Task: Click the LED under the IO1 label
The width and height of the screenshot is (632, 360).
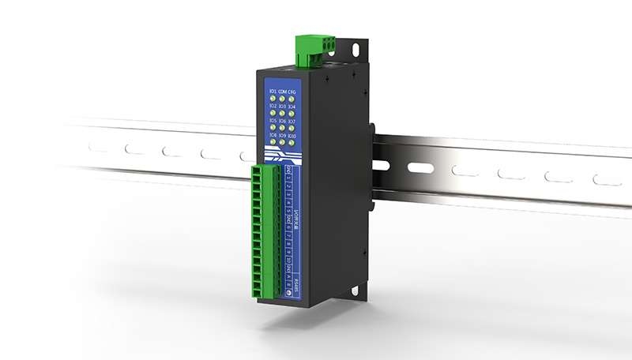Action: click(x=272, y=99)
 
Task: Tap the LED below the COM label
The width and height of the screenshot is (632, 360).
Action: click(x=281, y=99)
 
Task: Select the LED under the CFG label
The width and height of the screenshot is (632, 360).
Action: click(x=291, y=100)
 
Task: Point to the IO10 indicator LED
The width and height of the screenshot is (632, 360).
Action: click(x=292, y=142)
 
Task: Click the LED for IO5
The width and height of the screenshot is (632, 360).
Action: click(x=273, y=126)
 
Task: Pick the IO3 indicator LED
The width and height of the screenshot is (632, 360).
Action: click(x=282, y=113)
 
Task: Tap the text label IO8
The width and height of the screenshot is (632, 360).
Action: click(x=273, y=134)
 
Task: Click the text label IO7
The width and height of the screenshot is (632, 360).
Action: click(x=292, y=122)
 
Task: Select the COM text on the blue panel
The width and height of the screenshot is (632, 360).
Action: click(x=281, y=92)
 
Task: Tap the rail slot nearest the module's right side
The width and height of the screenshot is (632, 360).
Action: click(x=422, y=168)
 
